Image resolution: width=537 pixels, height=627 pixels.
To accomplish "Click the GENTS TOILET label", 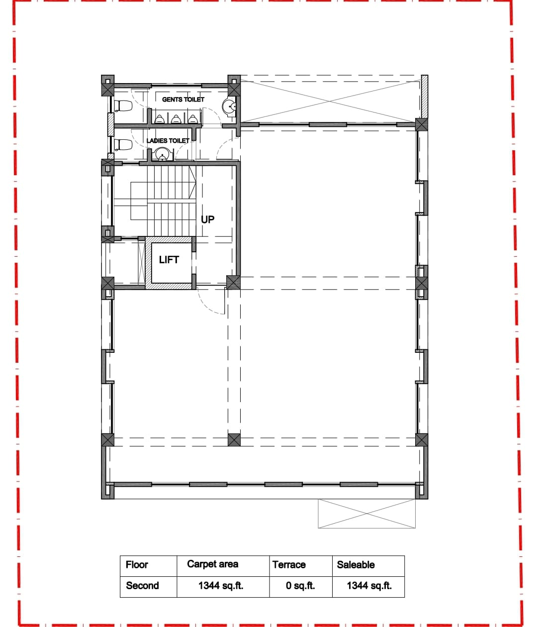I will pyautogui.click(x=183, y=100).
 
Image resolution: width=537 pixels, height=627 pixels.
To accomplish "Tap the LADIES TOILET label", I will pyautogui.click(x=168, y=141).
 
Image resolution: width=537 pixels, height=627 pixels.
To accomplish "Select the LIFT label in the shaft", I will pyautogui.click(x=169, y=260).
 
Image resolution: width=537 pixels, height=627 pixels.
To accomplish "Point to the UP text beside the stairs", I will pyautogui.click(x=208, y=219).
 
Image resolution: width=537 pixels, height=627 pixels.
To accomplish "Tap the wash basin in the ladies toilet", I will pyautogui.click(x=162, y=156).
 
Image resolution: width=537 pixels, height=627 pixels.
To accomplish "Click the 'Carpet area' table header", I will pyautogui.click(x=212, y=564).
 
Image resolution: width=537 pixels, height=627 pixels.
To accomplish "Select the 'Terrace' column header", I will pyautogui.click(x=289, y=565).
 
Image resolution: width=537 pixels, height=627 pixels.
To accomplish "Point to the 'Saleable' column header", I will pyautogui.click(x=356, y=565).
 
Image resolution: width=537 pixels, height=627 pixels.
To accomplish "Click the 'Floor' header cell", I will pyautogui.click(x=137, y=565).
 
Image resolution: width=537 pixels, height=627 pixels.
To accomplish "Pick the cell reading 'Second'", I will pyautogui.click(x=142, y=586).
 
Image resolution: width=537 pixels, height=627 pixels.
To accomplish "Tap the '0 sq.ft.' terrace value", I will pyautogui.click(x=300, y=586).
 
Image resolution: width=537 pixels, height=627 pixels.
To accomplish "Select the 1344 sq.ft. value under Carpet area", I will pyautogui.click(x=221, y=586).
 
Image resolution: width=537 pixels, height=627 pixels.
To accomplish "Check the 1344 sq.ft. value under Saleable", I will pyautogui.click(x=369, y=586).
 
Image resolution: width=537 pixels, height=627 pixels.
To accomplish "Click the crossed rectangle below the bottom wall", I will pyautogui.click(x=366, y=514).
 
